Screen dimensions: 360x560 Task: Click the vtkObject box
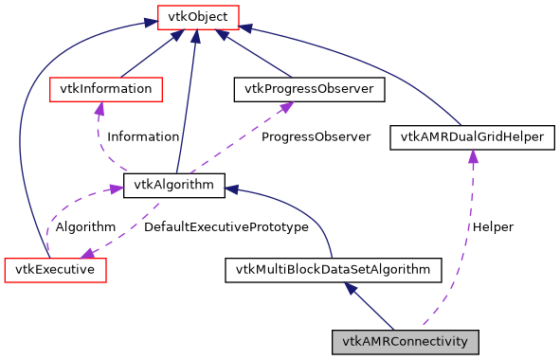click(196, 16)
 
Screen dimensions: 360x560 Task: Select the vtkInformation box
click(105, 89)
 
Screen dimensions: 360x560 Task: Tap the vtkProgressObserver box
click(309, 89)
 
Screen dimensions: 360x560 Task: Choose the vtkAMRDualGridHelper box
click(472, 137)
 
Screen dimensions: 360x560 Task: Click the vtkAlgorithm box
click(174, 185)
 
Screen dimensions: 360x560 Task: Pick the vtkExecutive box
click(55, 270)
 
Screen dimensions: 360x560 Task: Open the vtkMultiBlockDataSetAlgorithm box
click(333, 270)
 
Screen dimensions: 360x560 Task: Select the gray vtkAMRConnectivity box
click(406, 341)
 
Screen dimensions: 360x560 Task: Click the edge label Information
click(142, 136)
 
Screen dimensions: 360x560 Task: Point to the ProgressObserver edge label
click(316, 136)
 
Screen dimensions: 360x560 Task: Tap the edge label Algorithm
click(85, 227)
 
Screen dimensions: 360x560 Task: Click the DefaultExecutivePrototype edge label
click(226, 227)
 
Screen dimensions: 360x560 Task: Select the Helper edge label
click(493, 227)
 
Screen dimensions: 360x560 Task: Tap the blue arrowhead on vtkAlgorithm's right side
click(232, 189)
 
